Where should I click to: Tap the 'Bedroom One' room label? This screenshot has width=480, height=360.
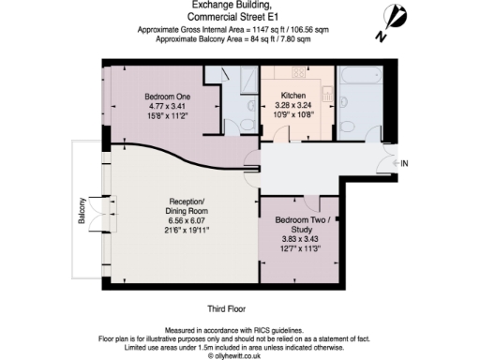coord(166,95)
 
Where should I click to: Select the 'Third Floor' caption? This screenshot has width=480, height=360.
coord(231,307)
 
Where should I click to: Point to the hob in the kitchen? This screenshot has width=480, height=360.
coord(297,72)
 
